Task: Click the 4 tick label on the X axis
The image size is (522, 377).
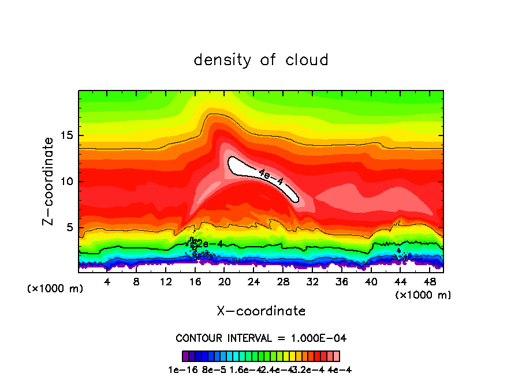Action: tap(107, 282)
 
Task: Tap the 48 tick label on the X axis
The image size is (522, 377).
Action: tap(429, 282)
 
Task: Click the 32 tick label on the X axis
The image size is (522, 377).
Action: tap(312, 282)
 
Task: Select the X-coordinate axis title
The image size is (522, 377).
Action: tap(261, 311)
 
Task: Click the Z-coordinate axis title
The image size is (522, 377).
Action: tap(50, 181)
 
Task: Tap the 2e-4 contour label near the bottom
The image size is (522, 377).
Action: tap(210, 244)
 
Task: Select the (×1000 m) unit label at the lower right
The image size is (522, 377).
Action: tap(423, 295)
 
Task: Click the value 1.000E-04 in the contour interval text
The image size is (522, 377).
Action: tap(320, 338)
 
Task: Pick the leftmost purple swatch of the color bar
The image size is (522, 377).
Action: tap(185, 356)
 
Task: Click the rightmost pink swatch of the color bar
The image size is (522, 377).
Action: tap(337, 356)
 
